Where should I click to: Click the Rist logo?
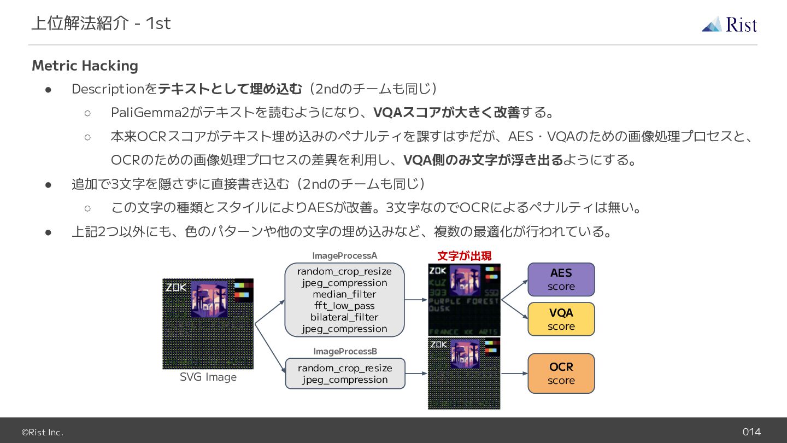[729, 25]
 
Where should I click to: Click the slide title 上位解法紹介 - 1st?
[101, 23]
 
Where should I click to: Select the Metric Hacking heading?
[85, 66]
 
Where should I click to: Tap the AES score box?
[561, 279]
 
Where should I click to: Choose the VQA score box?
[561, 319]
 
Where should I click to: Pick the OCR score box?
[561, 374]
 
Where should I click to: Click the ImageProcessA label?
[344, 255]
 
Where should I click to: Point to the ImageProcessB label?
[345, 351]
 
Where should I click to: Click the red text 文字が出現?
[464, 255]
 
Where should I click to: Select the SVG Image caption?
[208, 377]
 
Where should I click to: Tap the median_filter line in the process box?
[344, 294]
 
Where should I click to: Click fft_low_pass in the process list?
[344, 306]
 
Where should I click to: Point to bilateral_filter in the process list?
[344, 317]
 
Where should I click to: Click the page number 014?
[751, 432]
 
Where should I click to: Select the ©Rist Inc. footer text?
[42, 432]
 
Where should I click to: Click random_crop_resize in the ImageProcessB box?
[345, 368]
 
